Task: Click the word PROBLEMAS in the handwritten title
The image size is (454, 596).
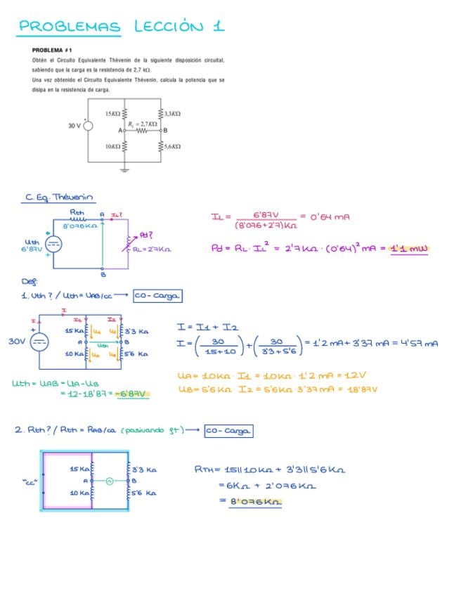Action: point(70,27)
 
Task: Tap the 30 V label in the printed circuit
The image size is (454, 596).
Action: point(74,126)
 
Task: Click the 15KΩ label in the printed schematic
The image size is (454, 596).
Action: point(112,113)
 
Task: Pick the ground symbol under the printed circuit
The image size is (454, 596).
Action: point(125,169)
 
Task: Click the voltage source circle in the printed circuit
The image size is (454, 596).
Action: point(89,126)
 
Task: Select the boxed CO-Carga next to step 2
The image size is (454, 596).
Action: point(228,431)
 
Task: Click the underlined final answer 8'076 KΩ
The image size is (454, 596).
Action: point(255,501)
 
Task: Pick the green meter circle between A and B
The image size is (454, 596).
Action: point(110,481)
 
